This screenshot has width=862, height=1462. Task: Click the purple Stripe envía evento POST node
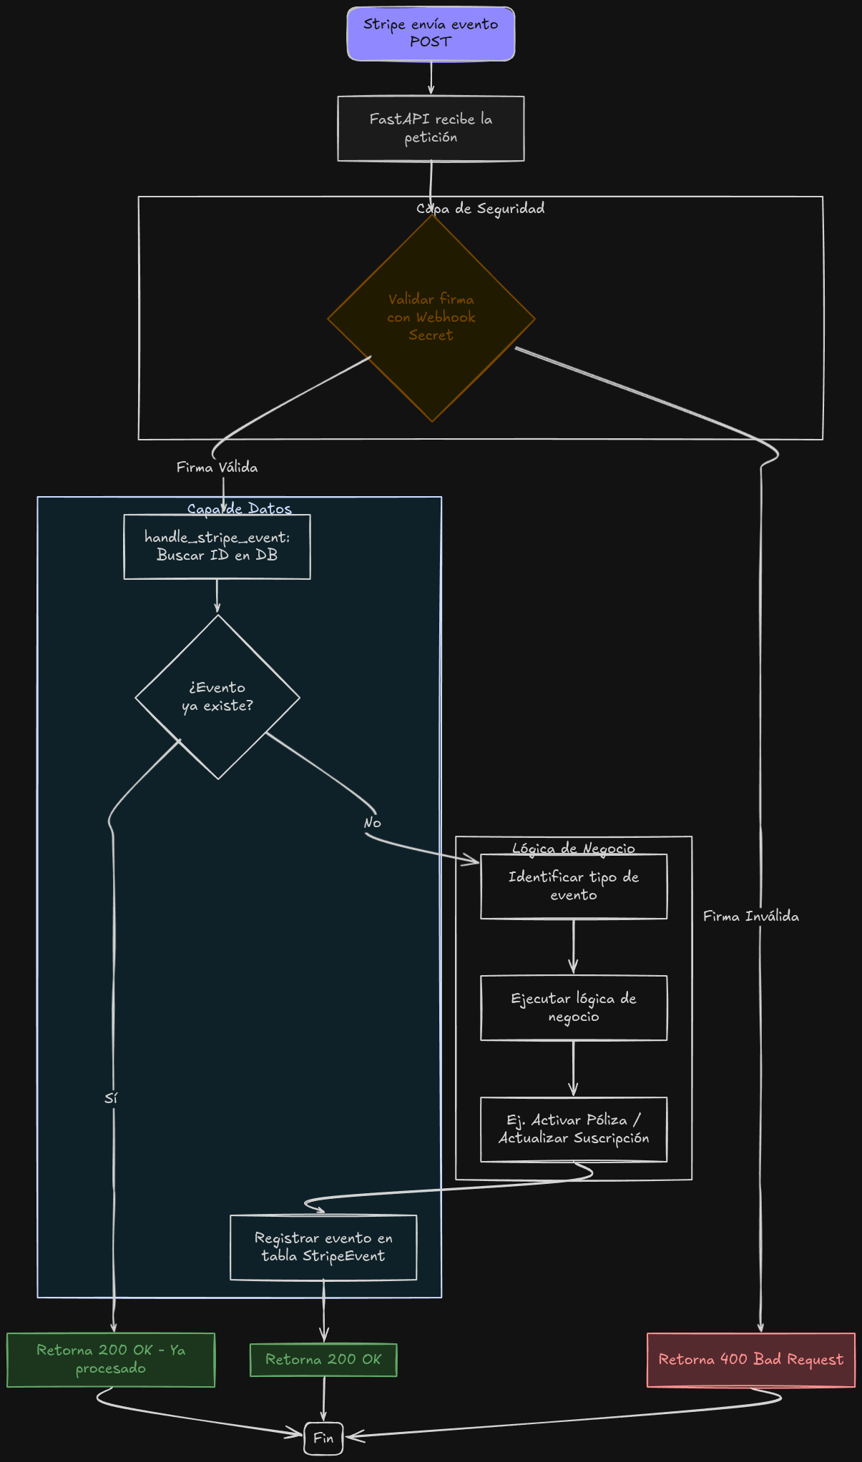(x=431, y=34)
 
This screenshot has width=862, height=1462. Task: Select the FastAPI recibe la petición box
(x=431, y=129)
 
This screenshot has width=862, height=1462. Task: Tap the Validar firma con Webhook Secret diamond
(x=431, y=317)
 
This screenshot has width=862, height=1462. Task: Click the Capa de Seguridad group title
(x=481, y=208)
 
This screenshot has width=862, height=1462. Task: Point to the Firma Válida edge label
(x=217, y=467)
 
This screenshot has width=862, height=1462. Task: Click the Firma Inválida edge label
(x=750, y=916)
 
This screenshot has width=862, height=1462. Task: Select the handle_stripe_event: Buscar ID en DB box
(x=217, y=546)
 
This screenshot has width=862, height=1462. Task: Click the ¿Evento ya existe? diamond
(x=217, y=696)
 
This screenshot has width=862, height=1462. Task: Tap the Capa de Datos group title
(x=240, y=508)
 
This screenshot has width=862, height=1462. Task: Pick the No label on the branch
(x=372, y=823)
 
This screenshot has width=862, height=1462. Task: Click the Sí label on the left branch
(x=111, y=1098)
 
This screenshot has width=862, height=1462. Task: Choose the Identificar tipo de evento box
(x=573, y=886)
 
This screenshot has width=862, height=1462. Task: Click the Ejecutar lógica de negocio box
(x=573, y=1007)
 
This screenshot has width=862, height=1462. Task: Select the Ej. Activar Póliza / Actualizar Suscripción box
(x=573, y=1129)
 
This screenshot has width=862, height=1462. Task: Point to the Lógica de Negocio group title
(x=573, y=849)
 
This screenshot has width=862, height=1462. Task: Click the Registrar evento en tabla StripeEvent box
(x=323, y=1247)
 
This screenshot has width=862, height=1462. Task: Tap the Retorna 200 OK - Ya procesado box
(x=111, y=1359)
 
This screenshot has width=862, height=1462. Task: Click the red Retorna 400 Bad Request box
(x=750, y=1359)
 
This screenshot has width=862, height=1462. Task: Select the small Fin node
(x=323, y=1438)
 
